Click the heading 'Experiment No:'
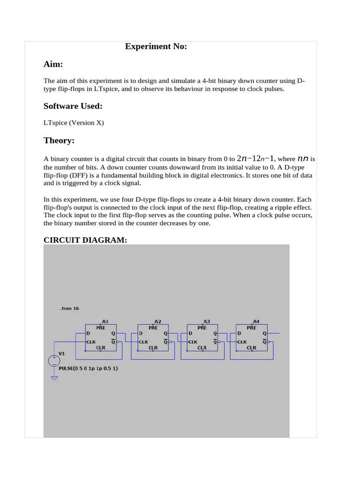156,46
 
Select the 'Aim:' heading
53,64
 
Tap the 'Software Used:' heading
73,106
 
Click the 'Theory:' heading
59,140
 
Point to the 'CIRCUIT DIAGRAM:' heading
85,240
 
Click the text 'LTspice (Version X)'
74,123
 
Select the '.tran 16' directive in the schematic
70,308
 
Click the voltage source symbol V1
54,360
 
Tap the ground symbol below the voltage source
54,378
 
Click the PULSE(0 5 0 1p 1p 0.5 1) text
88,368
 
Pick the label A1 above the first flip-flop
105,321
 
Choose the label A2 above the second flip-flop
158,321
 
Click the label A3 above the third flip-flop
207,321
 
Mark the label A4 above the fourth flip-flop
256,321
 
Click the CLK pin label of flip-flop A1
91,342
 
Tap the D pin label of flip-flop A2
141,333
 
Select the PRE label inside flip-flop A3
202,328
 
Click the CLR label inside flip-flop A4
252,348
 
